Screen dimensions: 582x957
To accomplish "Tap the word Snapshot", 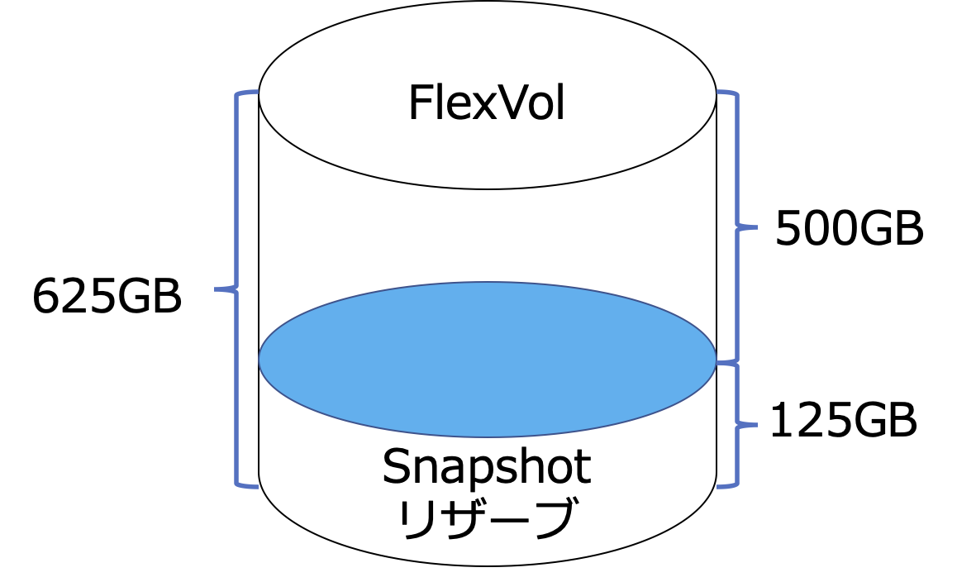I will tap(486, 468).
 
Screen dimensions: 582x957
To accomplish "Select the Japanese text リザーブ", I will tap(486, 519).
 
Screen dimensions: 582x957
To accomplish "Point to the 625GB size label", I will tap(107, 297).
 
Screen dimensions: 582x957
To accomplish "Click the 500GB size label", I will tap(849, 229).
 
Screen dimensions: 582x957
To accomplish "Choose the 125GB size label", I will tap(843, 422).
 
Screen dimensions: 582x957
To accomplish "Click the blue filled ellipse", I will tap(487, 359).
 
